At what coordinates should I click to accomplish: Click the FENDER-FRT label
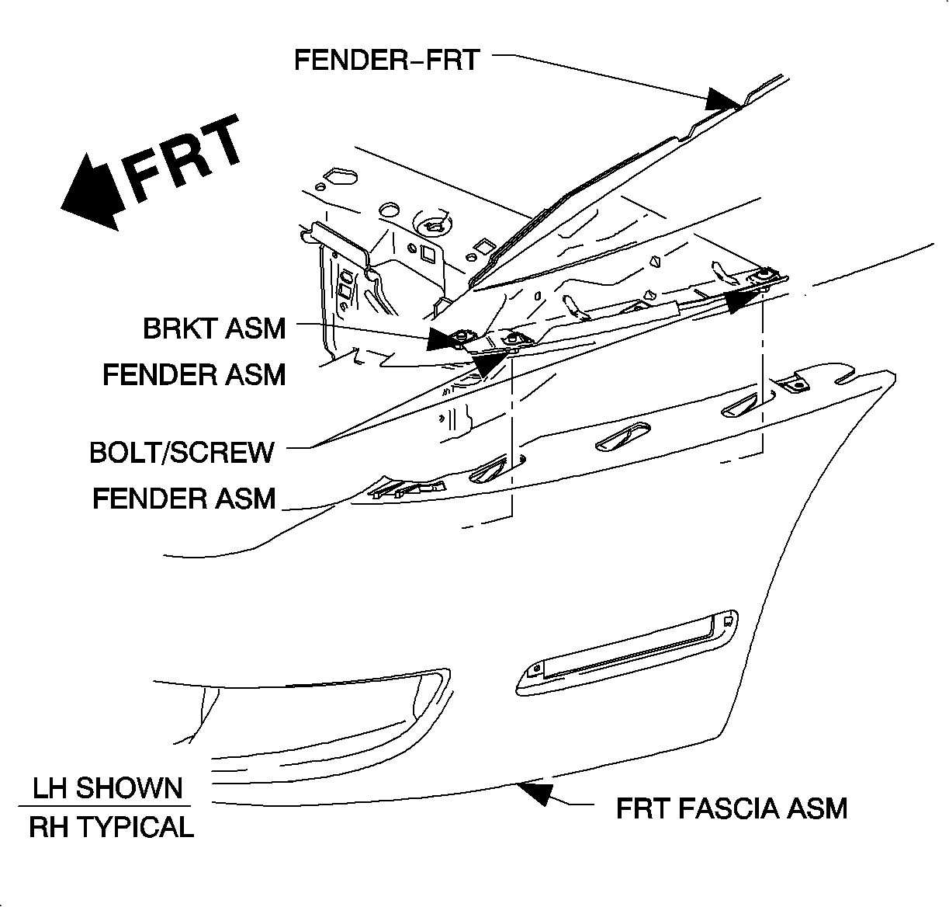pyautogui.click(x=386, y=60)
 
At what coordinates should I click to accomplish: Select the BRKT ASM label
pyautogui.click(x=214, y=328)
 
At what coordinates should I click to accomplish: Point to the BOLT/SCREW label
pyautogui.click(x=182, y=452)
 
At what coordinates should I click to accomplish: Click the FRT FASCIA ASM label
pyautogui.click(x=731, y=808)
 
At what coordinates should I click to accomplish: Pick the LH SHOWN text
pyautogui.click(x=107, y=788)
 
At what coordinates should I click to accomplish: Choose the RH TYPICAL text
pyautogui.click(x=111, y=827)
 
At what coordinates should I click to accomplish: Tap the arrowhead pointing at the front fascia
pyautogui.click(x=535, y=792)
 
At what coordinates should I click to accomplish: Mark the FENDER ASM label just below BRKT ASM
pyautogui.click(x=194, y=375)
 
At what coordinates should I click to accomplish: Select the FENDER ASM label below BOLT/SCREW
pyautogui.click(x=184, y=498)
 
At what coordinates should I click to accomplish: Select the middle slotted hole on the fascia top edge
pyautogui.click(x=618, y=437)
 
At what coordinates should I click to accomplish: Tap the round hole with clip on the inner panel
pyautogui.click(x=431, y=224)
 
